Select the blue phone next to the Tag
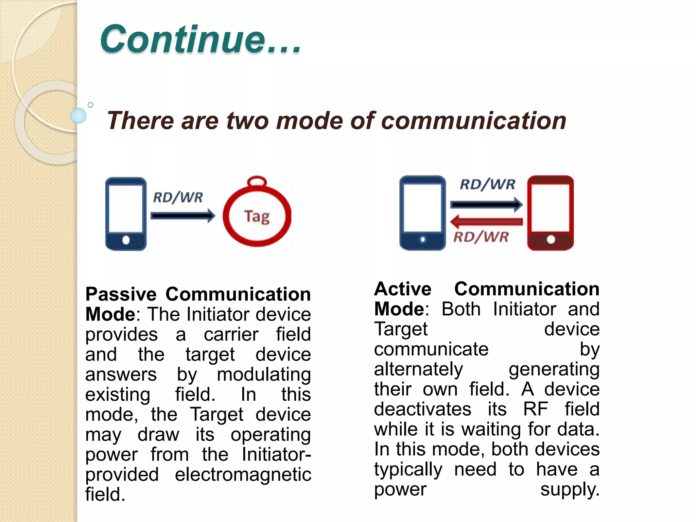(x=126, y=214)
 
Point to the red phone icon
(x=550, y=213)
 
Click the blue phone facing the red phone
(x=422, y=213)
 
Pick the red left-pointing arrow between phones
(x=486, y=222)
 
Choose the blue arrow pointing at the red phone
(x=486, y=204)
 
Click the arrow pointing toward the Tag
(x=182, y=215)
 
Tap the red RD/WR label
(x=481, y=237)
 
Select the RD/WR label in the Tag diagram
(x=178, y=197)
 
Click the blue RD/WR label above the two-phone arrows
(x=487, y=184)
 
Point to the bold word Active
(x=403, y=289)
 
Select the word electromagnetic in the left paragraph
(x=243, y=474)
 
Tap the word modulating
(x=264, y=375)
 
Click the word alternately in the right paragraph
(x=418, y=369)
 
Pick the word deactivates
(x=422, y=409)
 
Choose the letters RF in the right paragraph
(x=535, y=409)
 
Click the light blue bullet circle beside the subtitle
(x=78, y=116)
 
